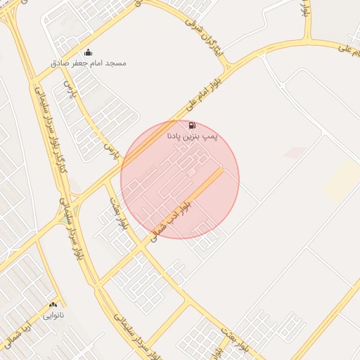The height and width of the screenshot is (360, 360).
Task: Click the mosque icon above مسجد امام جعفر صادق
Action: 88,52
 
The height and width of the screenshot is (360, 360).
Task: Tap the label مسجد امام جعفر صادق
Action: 88,63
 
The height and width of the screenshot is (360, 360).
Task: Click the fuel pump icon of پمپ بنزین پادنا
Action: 192,125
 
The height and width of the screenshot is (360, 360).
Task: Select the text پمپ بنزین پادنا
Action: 192,136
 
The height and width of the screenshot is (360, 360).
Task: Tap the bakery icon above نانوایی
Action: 53,305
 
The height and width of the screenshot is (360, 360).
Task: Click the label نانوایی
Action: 53,315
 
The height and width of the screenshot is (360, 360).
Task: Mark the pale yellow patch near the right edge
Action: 342,180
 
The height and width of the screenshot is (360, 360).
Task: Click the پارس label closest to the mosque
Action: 69,89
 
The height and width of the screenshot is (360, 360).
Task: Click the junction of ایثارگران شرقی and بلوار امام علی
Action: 228,67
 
